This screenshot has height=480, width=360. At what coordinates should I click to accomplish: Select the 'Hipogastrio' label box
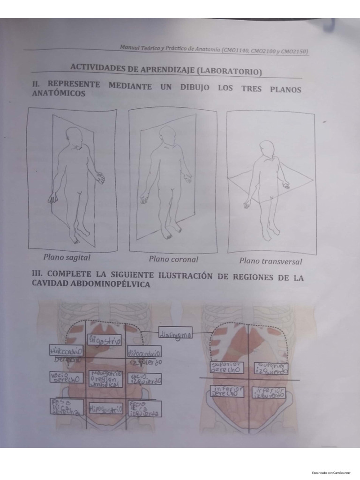coord(105,409)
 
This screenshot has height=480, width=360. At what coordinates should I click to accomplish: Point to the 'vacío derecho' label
coord(66,377)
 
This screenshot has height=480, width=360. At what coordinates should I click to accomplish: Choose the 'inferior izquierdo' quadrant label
coord(269,392)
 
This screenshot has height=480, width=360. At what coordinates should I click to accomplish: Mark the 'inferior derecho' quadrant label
coord(227,391)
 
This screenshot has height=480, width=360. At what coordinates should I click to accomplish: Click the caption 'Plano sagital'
coord(67,257)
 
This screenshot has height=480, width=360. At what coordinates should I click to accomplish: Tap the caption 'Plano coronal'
coord(173,259)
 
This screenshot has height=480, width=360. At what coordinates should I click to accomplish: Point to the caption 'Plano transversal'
coord(270,262)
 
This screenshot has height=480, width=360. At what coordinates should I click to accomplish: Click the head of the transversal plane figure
coord(267,148)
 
